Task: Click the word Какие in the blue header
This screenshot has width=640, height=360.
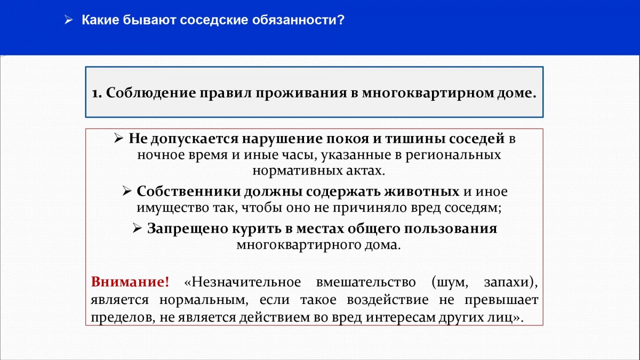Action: (100, 20)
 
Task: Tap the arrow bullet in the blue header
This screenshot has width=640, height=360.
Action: (69, 20)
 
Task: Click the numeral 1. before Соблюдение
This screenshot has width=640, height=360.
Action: (97, 93)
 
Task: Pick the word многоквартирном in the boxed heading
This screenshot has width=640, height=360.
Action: (428, 93)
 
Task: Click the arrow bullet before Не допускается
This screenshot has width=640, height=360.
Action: (119, 138)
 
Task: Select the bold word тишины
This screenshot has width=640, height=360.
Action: (415, 139)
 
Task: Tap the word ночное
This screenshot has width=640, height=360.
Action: (161, 155)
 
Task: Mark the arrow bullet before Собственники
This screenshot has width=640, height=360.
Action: (127, 191)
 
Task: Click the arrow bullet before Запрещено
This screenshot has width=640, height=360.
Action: (138, 228)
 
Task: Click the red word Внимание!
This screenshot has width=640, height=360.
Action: (130, 282)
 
